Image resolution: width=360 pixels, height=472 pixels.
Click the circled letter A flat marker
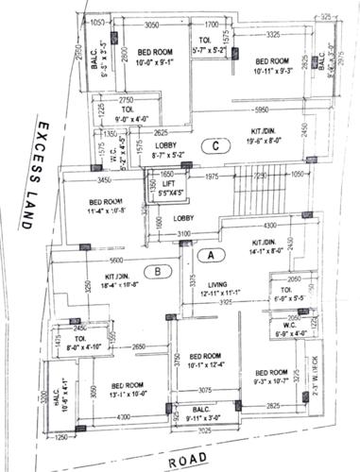(213, 254)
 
